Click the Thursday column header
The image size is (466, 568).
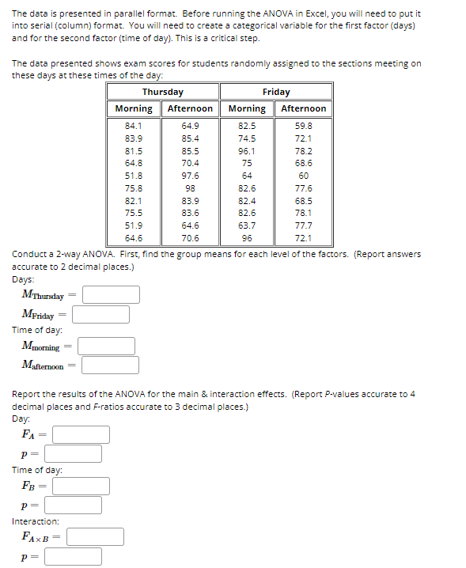click(x=163, y=92)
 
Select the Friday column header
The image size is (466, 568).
click(x=275, y=92)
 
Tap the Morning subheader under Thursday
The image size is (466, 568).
click(x=134, y=108)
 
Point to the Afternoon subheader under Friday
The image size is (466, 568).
click(x=303, y=108)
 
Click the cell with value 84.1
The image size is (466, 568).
click(x=134, y=126)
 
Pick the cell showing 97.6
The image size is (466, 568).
click(x=190, y=176)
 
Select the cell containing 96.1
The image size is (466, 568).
click(x=247, y=150)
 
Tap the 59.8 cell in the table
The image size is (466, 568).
click(x=303, y=126)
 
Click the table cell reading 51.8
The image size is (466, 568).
click(x=134, y=176)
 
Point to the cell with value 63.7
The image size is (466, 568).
click(x=247, y=225)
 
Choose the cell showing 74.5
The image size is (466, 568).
click(x=247, y=138)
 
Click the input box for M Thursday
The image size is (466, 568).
click(x=112, y=295)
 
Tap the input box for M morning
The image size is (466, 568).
click(x=106, y=346)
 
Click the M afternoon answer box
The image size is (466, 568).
click(x=110, y=365)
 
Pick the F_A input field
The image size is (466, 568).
click(x=81, y=434)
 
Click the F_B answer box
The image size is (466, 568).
click(x=81, y=486)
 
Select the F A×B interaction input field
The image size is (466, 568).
click(x=95, y=537)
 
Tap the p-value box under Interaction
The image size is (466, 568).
click(x=73, y=556)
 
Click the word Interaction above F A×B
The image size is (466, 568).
click(x=36, y=521)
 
